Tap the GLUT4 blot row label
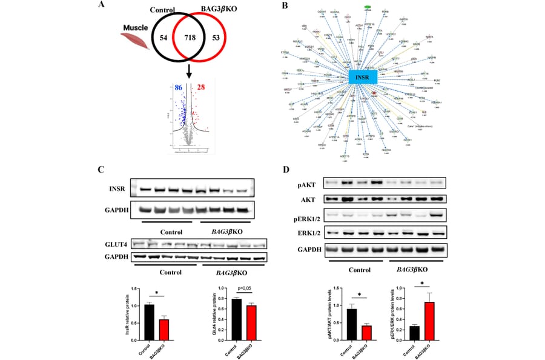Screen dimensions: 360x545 pyautogui.click(x=115, y=244)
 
